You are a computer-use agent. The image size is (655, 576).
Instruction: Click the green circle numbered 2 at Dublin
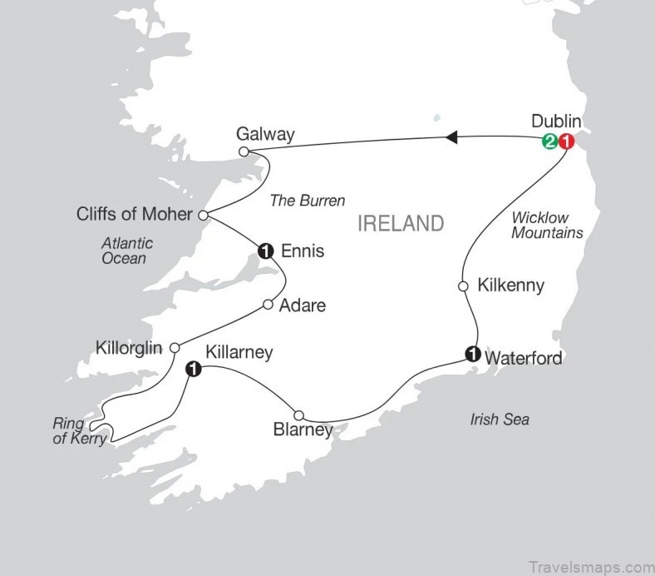[x=549, y=142]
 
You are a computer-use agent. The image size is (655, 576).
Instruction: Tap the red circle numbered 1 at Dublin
[x=565, y=142]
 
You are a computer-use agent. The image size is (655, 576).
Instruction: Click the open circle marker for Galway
[x=244, y=151]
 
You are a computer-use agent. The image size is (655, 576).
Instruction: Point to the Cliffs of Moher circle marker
[x=203, y=215]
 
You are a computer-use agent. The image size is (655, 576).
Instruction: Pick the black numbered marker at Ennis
[x=266, y=247]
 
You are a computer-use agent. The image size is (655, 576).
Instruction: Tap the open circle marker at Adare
[x=268, y=305]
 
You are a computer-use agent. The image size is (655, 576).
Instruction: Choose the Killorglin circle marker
[x=175, y=348]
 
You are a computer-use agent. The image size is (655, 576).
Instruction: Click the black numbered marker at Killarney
[x=193, y=368]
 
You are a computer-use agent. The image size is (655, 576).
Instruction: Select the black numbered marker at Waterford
[x=472, y=354]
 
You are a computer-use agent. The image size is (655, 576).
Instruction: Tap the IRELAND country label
[x=400, y=223]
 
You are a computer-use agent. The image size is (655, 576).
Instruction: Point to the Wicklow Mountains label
[x=546, y=225]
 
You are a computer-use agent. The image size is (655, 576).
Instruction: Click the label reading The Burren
[x=308, y=201]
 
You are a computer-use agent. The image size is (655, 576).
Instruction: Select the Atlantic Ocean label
[x=124, y=251]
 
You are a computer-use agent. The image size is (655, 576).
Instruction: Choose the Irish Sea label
[x=499, y=420]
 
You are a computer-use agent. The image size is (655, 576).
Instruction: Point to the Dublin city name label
[x=556, y=122]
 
